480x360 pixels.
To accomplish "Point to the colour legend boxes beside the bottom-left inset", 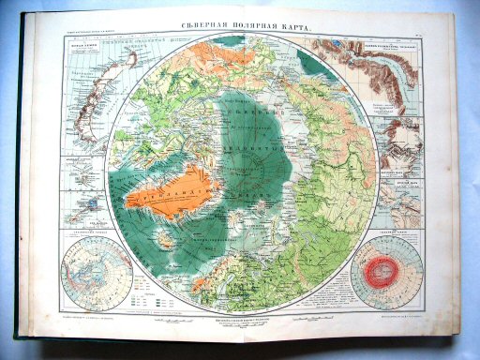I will pos(141,282).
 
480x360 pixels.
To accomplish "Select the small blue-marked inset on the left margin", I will pos(87,202).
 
